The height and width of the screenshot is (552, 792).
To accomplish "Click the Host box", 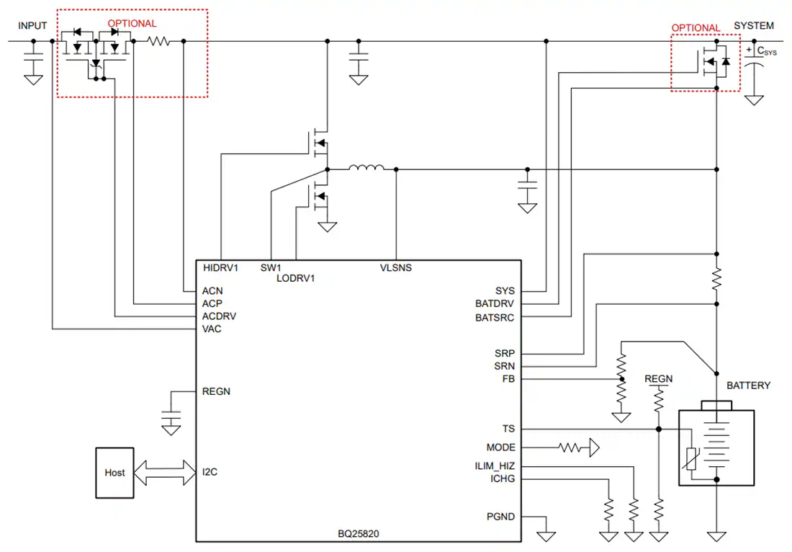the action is point(114,473).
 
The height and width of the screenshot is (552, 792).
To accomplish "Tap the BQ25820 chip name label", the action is point(358,534).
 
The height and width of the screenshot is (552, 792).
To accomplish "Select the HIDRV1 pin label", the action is point(220,268).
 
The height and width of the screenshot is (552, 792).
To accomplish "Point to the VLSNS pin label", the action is point(395,268).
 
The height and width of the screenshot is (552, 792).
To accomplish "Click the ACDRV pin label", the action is point(219,316).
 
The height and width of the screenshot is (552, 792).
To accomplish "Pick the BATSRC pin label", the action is point(495,318).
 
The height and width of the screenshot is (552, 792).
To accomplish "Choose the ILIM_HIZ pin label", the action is point(495,466).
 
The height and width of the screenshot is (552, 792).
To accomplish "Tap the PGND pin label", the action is point(500,517).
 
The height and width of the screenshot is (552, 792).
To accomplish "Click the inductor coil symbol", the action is point(366,167).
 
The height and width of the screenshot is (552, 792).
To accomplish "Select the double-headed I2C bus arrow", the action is point(165,473).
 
